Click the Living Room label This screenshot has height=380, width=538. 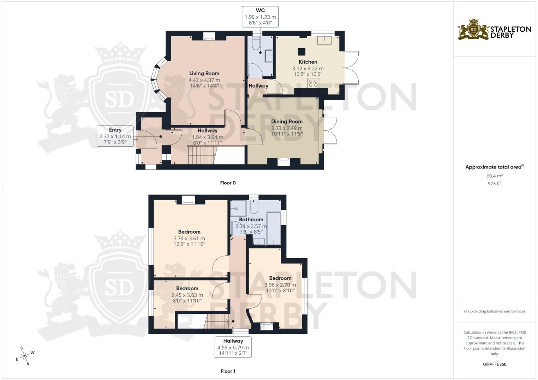click(x=204, y=74)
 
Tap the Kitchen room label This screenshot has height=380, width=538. click(x=308, y=62)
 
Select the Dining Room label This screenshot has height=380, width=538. click(x=286, y=122)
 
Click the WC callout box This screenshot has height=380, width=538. click(x=260, y=17)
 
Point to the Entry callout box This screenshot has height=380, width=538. click(x=115, y=136)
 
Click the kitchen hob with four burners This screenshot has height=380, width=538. click(x=313, y=83)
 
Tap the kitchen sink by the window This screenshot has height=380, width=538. click(x=325, y=40)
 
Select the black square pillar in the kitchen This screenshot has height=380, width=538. click(x=301, y=52)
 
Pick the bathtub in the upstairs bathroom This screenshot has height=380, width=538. click(x=273, y=228)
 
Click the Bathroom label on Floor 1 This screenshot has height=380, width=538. click(x=251, y=220)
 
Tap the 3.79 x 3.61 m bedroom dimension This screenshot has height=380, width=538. click(x=189, y=238)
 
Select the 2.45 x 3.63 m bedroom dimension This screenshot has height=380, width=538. click(x=187, y=295)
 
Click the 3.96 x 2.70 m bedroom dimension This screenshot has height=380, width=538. click(x=280, y=285)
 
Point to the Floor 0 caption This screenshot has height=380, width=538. click(x=228, y=183)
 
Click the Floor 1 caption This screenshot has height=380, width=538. click(x=228, y=371)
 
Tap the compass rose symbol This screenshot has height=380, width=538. click(x=25, y=356)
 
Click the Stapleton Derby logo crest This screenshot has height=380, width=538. click(x=474, y=30)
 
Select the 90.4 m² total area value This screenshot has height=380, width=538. click(x=494, y=176)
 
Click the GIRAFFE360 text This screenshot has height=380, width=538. click(x=494, y=364)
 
